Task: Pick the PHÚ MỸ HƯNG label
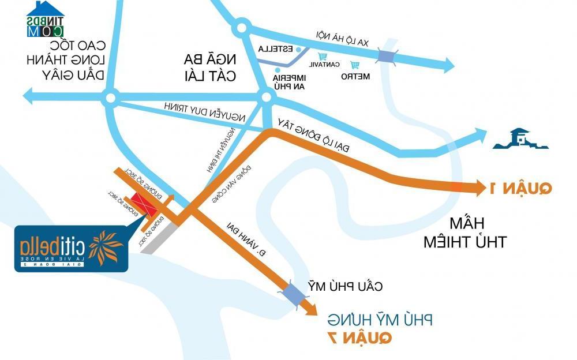pos(380,319)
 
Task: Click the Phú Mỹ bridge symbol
pos(294,293)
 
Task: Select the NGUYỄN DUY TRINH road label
pos(205,111)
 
